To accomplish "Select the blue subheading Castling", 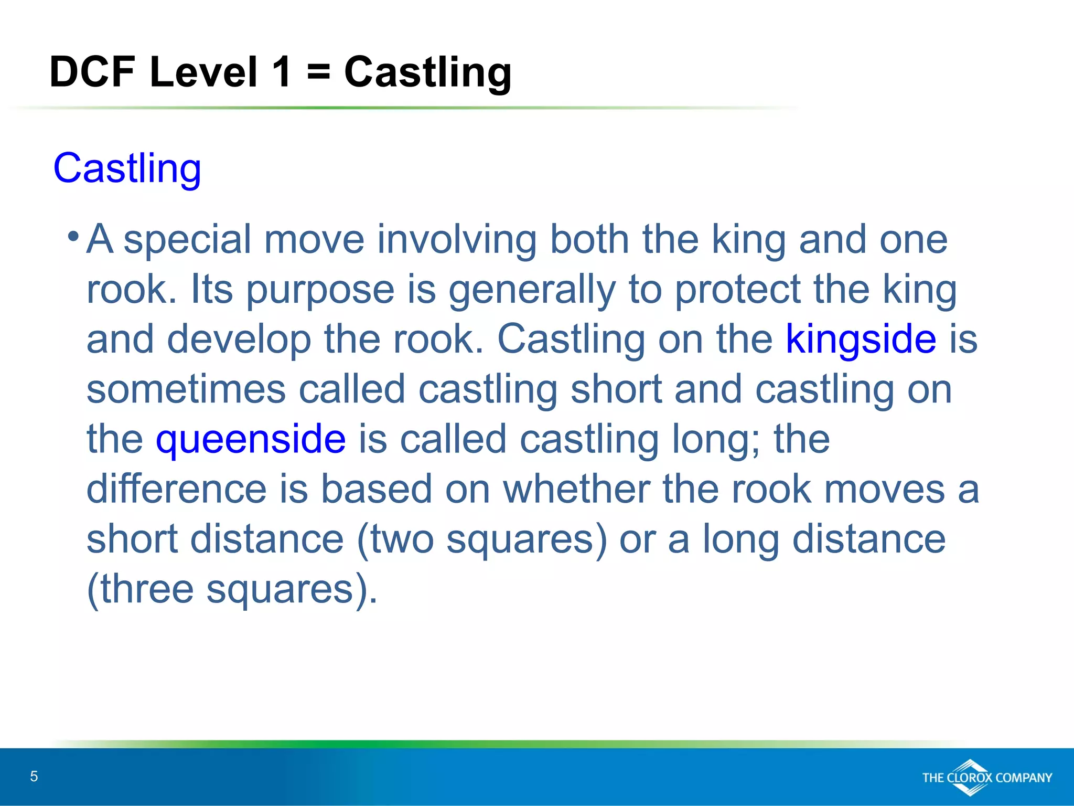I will (127, 168).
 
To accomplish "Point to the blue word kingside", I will (861, 339).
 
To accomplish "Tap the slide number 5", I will (34, 776).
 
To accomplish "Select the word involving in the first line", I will (457, 239).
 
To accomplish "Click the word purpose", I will (320, 290).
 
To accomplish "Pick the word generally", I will (532, 290).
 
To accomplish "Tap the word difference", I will (177, 489).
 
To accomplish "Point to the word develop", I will (239, 340).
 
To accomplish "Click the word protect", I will (737, 290).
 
